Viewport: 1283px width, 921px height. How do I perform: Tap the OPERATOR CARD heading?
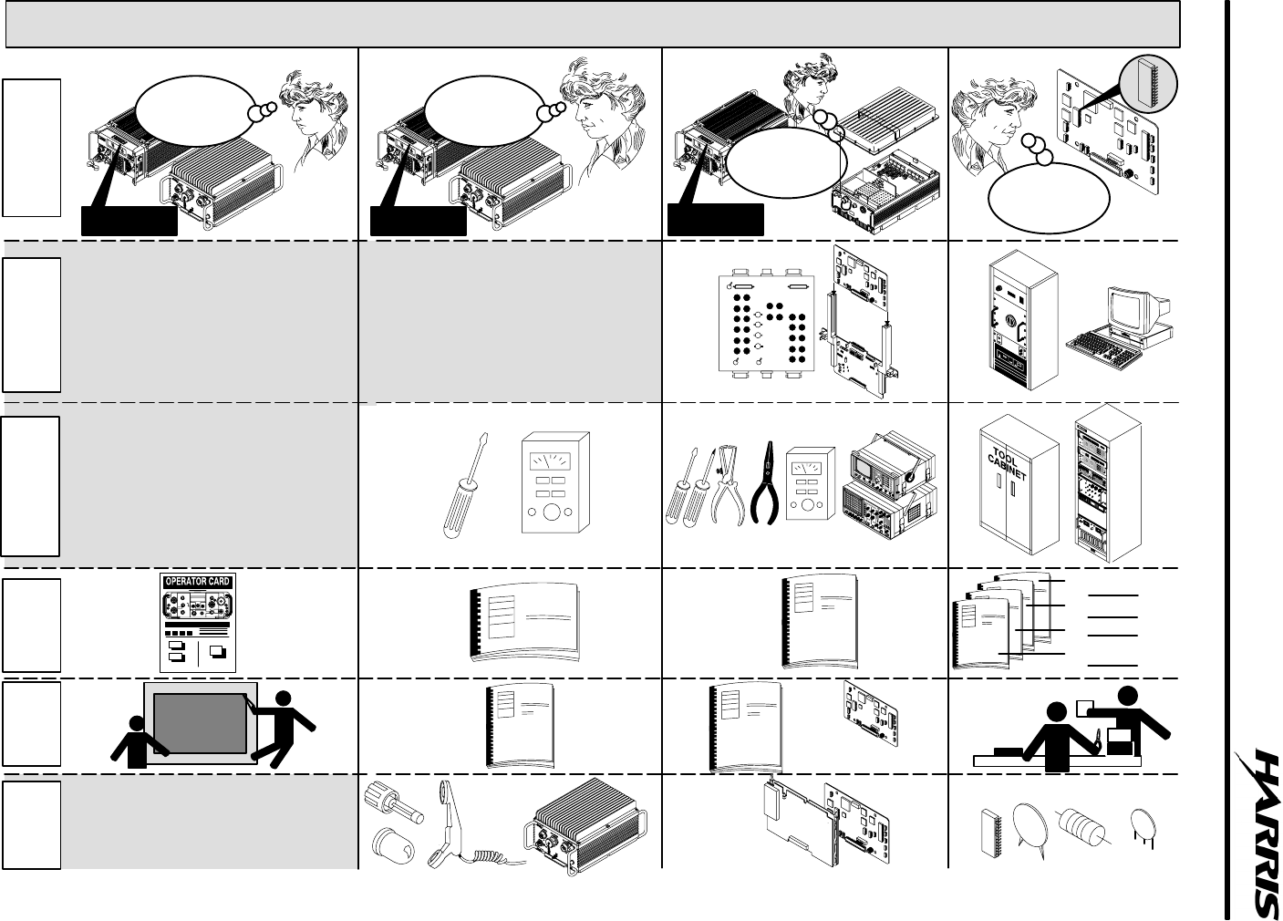coord(197,582)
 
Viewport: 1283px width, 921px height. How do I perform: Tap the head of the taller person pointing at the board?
coord(285,700)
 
